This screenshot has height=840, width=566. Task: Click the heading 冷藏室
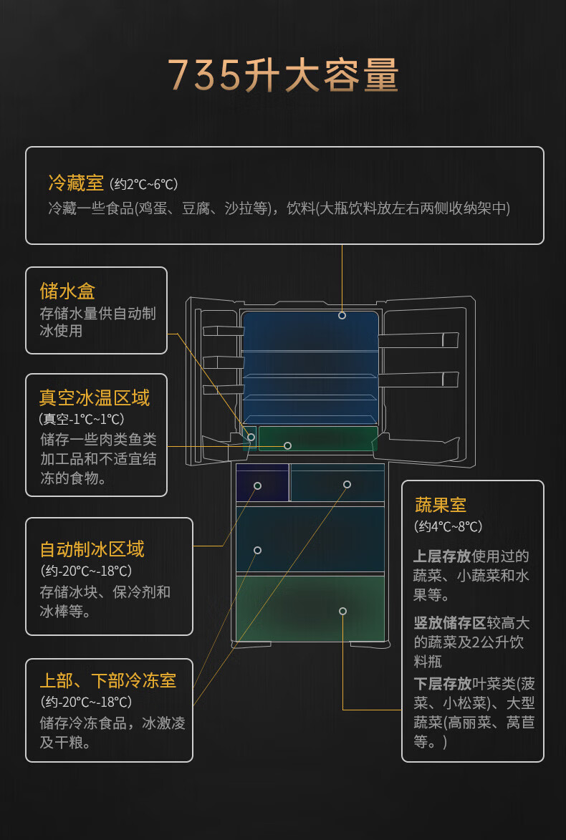coord(76,183)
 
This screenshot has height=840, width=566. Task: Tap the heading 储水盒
coord(67,291)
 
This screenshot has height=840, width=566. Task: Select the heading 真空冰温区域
coord(95,397)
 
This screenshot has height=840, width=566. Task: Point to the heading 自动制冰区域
coord(92,549)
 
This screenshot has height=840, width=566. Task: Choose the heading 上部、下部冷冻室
coord(107,680)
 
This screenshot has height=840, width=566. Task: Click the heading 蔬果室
coord(440,505)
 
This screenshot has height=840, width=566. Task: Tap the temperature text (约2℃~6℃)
coord(144,185)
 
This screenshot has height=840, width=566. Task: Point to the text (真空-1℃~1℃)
coord(82,419)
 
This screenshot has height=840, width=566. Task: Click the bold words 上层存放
coord(442,556)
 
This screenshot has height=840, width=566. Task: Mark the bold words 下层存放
coord(442,683)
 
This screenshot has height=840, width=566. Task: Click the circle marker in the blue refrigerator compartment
coord(342,315)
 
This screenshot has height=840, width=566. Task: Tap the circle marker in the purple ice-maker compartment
coord(257,486)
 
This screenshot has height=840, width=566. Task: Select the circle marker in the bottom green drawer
coord(342,611)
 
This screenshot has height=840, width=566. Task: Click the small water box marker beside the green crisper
coord(251,436)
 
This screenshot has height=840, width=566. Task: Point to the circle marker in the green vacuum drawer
coord(287,445)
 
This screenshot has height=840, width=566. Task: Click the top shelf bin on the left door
coord(223,330)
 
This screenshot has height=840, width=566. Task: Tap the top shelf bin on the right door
coord(418,339)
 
